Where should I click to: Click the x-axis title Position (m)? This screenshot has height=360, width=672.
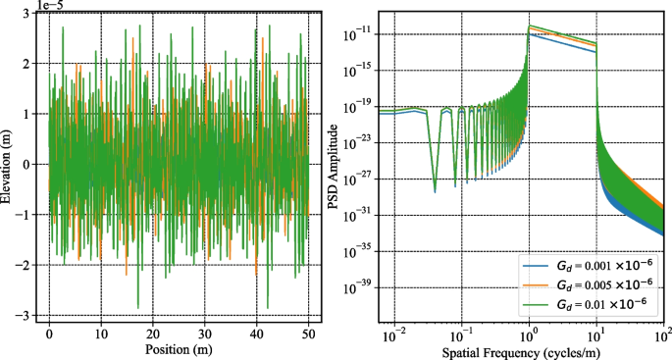pyautogui.click(x=180, y=349)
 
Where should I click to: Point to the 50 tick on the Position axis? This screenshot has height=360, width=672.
pyautogui.click(x=308, y=333)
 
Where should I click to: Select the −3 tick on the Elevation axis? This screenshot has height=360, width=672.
pyautogui.click(x=26, y=316)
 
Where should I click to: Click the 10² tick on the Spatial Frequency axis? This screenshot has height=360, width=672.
pyautogui.click(x=662, y=333)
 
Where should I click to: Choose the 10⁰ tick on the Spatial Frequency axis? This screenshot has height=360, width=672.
pyautogui.click(x=529, y=333)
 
